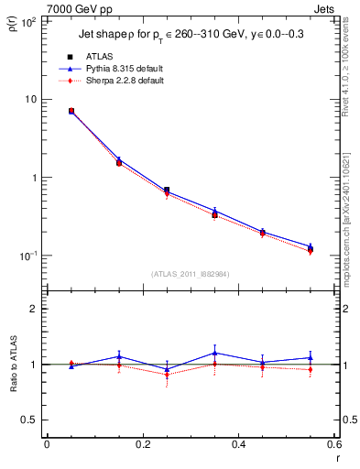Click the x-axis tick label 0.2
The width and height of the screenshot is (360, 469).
pos(142,445)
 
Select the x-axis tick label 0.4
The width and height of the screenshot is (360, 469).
pos(238,445)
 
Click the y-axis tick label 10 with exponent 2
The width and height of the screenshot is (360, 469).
pos(26,21)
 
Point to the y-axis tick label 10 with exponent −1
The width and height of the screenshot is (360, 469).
pos(26,256)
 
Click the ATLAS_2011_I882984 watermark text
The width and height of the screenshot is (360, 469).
pos(190,274)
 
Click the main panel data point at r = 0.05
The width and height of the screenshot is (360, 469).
pos(71,111)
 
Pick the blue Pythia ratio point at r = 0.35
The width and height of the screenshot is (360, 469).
pos(214,353)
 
